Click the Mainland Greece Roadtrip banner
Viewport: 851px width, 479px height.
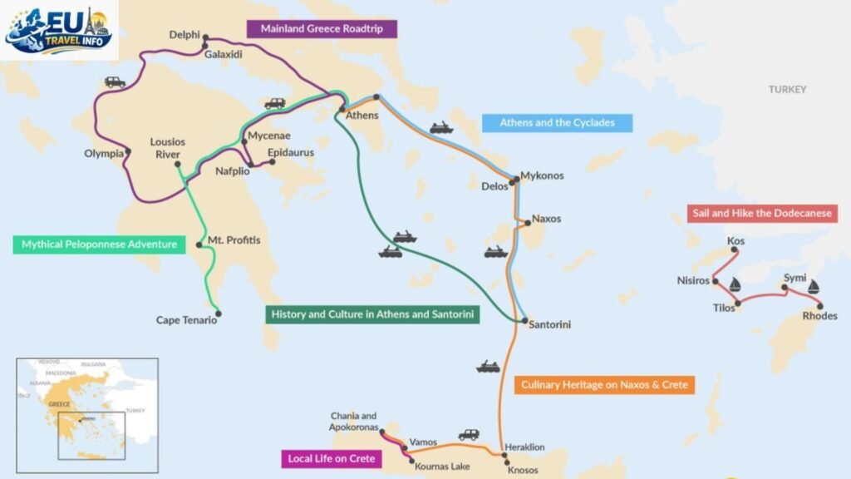(x=322, y=28)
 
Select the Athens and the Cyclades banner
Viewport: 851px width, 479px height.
(x=557, y=123)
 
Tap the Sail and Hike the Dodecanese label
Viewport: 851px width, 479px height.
(x=761, y=214)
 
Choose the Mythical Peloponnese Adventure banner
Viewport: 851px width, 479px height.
(x=99, y=244)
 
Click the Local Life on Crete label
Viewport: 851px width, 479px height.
(x=331, y=458)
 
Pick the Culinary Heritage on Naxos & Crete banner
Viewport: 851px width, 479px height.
(x=604, y=385)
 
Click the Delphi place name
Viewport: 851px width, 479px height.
(x=184, y=35)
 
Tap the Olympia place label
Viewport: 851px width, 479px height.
(x=104, y=153)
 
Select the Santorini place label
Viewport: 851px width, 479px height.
(x=549, y=324)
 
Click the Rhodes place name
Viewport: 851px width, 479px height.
(x=819, y=316)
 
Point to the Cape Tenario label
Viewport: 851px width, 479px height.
(x=186, y=320)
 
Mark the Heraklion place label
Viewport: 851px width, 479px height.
(x=524, y=447)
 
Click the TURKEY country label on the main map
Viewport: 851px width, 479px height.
(x=787, y=90)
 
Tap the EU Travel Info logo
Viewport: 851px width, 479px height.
(x=58, y=30)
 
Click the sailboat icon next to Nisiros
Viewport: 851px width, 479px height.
(x=735, y=284)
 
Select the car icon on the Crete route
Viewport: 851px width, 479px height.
(x=469, y=434)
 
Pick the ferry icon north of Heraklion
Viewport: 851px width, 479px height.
(x=488, y=366)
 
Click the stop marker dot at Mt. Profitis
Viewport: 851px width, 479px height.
(x=199, y=245)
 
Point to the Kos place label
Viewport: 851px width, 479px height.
(x=735, y=241)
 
